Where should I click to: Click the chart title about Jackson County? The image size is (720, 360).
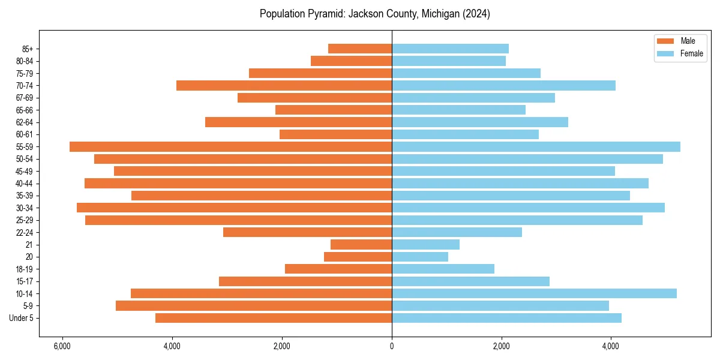click(x=375, y=14)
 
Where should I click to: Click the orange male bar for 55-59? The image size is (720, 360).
click(x=230, y=146)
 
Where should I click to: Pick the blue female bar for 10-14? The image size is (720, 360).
click(x=534, y=293)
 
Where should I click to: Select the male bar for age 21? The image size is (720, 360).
click(x=361, y=244)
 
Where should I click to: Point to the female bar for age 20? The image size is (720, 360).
click(x=420, y=257)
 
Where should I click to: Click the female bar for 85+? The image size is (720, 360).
click(x=450, y=49)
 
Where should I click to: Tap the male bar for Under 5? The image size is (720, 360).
click(x=274, y=318)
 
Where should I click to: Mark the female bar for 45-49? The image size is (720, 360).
click(x=503, y=171)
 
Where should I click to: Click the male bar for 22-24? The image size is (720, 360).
click(x=307, y=232)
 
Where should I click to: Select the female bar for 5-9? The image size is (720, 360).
click(x=500, y=305)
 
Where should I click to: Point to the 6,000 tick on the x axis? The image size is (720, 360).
click(x=62, y=346)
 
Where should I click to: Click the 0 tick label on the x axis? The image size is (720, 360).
click(x=392, y=346)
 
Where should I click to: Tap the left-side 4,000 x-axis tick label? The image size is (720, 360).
click(x=172, y=346)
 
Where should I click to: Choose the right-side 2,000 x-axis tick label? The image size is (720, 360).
click(x=501, y=346)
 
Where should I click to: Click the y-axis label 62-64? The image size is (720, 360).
click(x=25, y=122)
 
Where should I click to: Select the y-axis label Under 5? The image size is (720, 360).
click(x=22, y=318)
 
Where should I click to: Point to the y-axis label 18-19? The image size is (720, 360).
click(x=25, y=269)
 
